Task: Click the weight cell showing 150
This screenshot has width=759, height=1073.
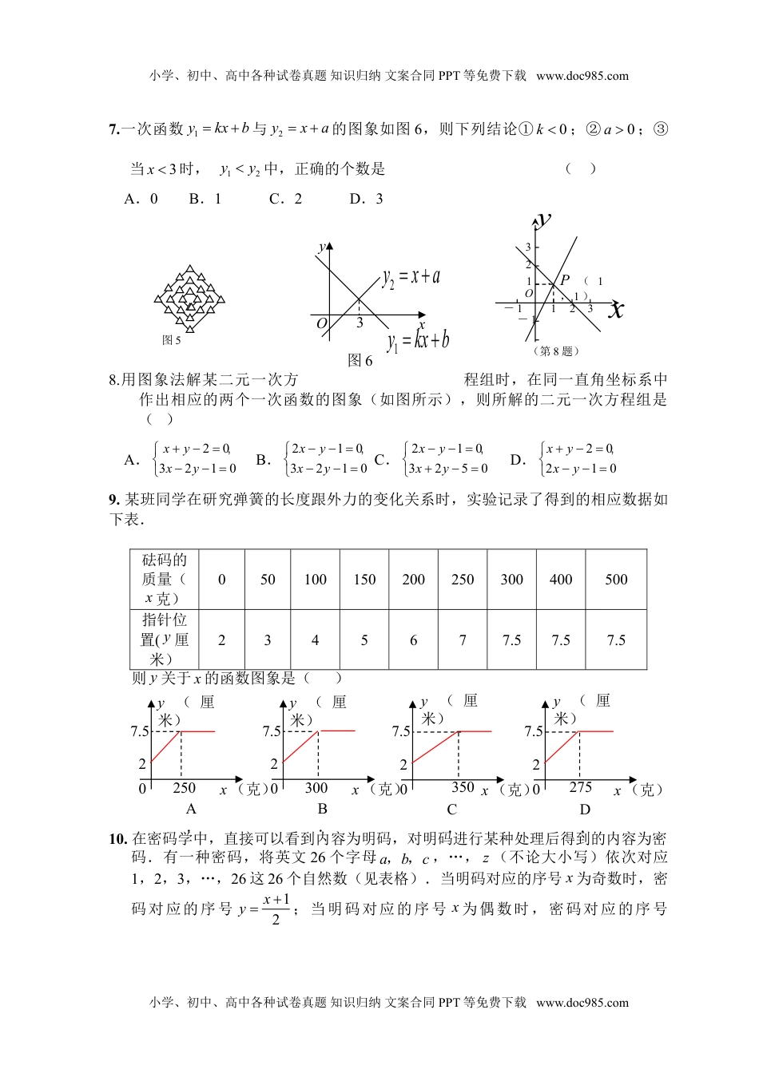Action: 364,580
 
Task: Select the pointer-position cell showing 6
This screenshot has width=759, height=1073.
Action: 413,640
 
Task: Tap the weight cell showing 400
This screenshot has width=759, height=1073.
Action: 561,580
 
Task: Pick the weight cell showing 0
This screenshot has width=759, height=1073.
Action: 222,580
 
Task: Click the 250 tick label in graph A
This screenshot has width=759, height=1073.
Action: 184,788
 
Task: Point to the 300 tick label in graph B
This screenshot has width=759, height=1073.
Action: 316,788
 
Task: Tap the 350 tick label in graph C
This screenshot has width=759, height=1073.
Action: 463,787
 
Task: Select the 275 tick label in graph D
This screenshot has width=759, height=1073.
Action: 581,787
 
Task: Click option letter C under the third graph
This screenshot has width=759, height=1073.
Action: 451,810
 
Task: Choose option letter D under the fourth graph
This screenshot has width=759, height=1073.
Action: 585,810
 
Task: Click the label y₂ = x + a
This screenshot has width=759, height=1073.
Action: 411,277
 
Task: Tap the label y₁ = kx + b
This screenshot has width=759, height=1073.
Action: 418,341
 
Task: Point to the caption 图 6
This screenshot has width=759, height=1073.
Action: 360,361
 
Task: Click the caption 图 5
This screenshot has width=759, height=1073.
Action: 172,340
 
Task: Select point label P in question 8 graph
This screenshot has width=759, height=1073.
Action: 564,279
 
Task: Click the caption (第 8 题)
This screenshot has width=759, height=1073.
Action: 555,350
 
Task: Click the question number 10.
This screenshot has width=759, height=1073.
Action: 117,838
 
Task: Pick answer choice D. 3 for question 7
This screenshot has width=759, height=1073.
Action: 367,199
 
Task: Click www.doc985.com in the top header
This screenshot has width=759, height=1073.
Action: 582,76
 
